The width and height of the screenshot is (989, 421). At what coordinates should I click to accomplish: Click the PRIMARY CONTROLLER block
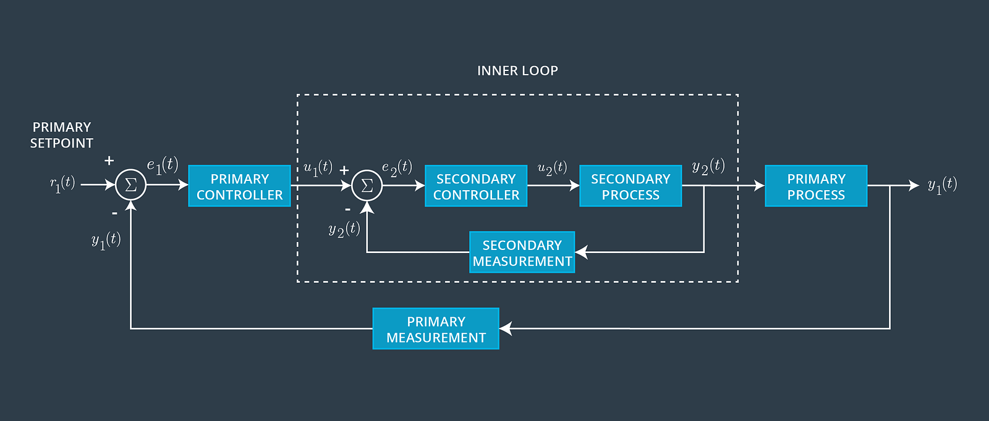point(239,186)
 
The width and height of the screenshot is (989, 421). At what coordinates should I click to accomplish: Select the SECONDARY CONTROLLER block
point(476,186)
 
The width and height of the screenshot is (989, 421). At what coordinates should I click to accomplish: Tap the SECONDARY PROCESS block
point(630,186)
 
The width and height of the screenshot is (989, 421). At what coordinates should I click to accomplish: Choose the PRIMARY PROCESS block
point(816,186)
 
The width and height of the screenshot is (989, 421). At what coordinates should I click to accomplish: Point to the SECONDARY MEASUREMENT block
point(522,252)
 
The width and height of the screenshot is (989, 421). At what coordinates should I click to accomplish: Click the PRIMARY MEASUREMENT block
point(436,329)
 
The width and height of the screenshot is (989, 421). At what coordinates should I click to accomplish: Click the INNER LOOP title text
point(517,71)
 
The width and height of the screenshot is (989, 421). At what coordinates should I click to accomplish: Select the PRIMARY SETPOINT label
point(62,135)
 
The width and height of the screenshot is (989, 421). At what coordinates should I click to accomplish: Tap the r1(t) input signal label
point(62,184)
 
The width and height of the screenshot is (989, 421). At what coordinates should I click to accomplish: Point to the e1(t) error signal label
point(163,165)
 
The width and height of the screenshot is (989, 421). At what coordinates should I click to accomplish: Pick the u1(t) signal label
point(318,168)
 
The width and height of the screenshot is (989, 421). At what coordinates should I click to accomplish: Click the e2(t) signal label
point(397,168)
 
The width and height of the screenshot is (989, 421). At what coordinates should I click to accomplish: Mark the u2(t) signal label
point(552,168)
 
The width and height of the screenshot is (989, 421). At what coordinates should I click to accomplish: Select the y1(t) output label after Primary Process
point(942,185)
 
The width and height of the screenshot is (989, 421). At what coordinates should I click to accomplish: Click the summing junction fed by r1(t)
point(130,185)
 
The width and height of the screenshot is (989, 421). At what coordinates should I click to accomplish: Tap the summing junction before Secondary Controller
point(367,185)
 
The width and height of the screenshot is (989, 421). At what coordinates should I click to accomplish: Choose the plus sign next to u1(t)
point(344,170)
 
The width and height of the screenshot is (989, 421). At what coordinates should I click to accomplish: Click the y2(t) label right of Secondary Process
point(708,167)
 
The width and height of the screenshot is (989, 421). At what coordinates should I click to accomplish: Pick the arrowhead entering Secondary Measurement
point(581,252)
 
